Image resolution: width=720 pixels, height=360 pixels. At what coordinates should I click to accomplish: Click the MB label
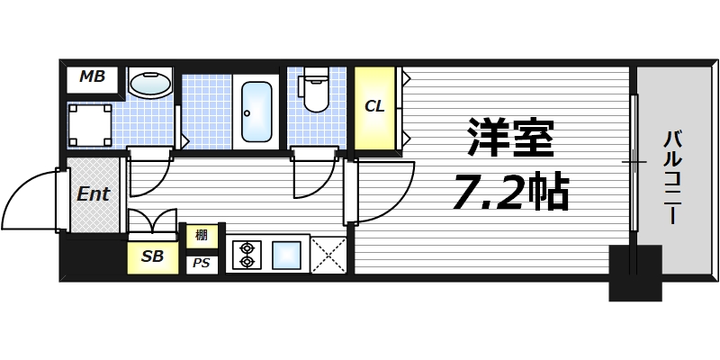pyautogui.click(x=92, y=77)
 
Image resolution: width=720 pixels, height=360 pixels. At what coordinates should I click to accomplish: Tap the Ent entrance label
pyautogui.click(x=93, y=193)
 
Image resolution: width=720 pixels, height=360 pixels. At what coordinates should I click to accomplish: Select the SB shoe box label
pyautogui.click(x=152, y=256)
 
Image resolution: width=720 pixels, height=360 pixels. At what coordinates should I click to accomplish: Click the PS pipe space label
pyautogui.click(x=202, y=265)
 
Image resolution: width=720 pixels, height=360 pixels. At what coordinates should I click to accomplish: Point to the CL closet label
pyautogui.click(x=374, y=106)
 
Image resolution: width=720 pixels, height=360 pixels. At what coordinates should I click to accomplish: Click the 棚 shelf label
pyautogui.click(x=202, y=237)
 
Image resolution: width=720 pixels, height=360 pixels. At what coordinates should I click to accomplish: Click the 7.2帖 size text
pyautogui.click(x=509, y=191)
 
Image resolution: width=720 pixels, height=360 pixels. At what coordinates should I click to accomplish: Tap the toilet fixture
pyautogui.click(x=315, y=91)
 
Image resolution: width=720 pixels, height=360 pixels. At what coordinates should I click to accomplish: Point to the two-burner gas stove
pyautogui.click(x=246, y=254)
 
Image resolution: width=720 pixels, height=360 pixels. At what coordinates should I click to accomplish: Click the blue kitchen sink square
pyautogui.click(x=287, y=254)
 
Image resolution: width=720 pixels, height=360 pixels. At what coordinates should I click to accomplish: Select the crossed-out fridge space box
pyautogui.click(x=329, y=254)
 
